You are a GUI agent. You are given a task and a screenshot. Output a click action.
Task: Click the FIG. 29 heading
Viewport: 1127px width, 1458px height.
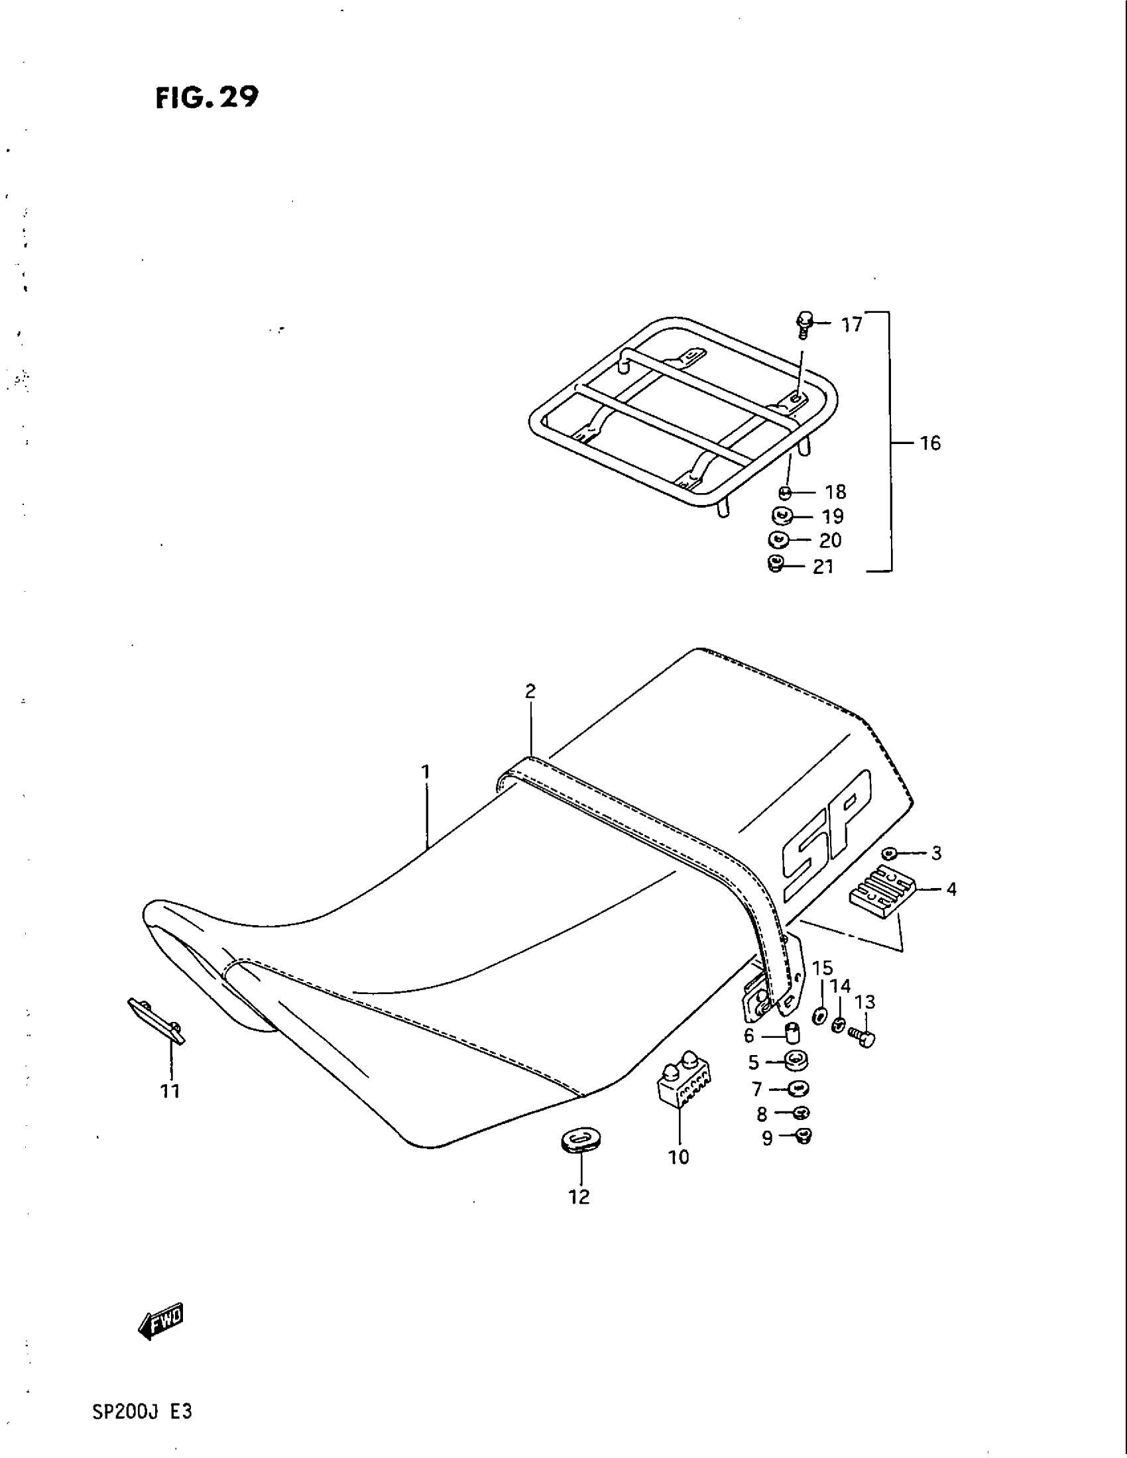pos(206,98)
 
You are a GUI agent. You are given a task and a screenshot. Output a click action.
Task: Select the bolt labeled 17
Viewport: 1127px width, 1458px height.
pos(805,323)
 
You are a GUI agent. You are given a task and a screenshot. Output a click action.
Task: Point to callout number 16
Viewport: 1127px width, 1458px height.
pos(930,443)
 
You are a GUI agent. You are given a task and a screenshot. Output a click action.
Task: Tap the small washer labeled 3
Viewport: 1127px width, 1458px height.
pos(888,852)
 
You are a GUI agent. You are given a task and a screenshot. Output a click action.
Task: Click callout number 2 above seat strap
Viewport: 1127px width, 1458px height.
pos(530,692)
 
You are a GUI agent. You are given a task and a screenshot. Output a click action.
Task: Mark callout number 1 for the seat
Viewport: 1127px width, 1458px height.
pos(426,772)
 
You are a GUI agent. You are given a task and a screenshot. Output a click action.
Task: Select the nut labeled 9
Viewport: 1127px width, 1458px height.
pos(804,1136)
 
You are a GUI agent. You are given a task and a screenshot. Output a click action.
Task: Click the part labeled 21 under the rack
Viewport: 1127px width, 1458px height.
pos(775,565)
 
